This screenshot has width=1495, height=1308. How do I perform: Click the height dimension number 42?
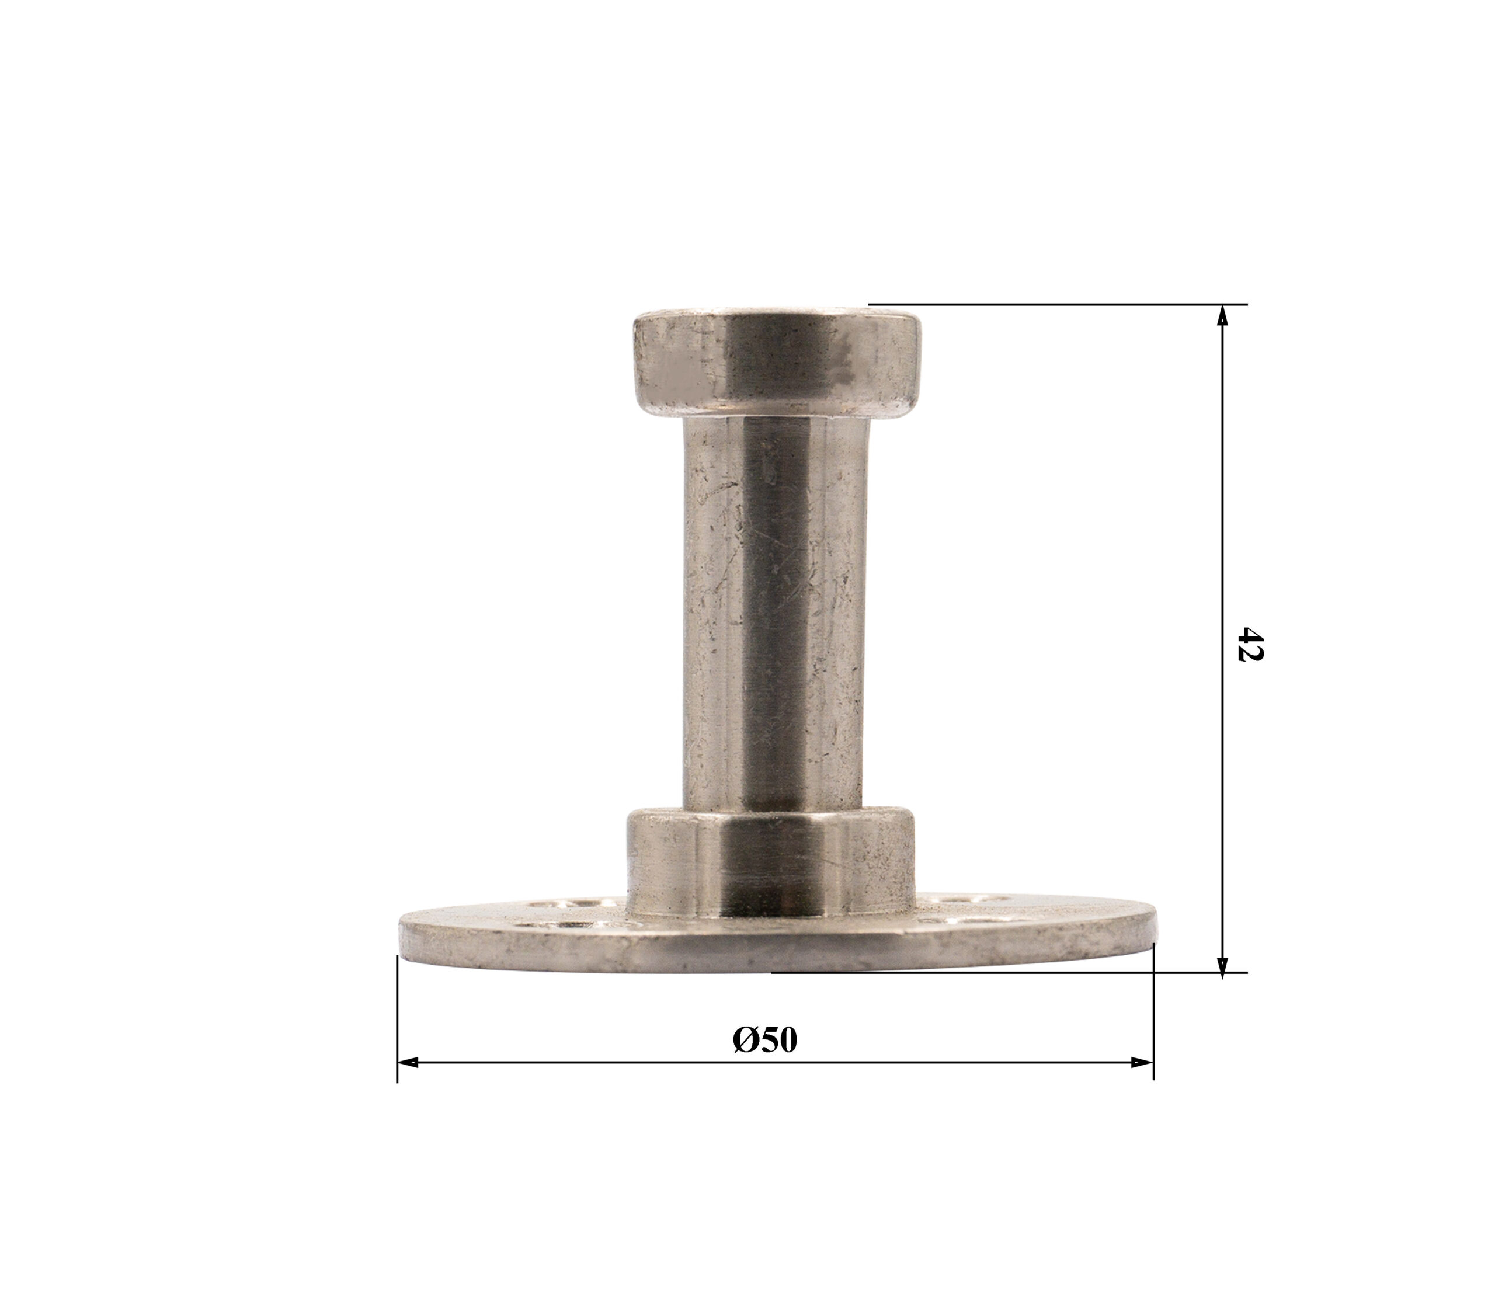[1250, 643]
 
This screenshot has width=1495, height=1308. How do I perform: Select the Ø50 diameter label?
[765, 1040]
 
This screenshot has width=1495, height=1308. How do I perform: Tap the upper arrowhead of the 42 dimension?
[1223, 315]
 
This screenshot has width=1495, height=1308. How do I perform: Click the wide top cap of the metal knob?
[776, 364]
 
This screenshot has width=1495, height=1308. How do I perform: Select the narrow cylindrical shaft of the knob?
[776, 613]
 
